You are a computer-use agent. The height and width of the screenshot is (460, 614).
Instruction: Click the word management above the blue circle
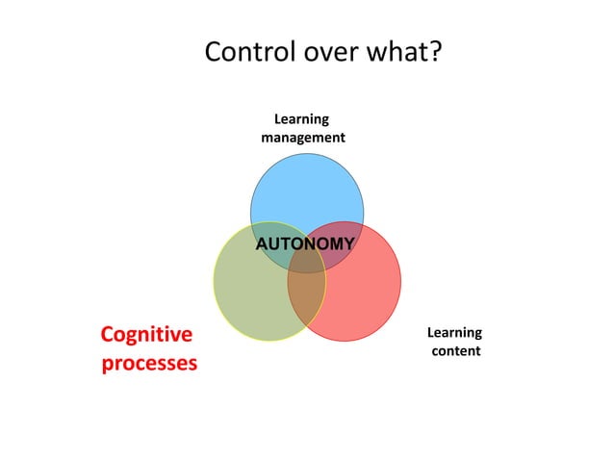click(302, 138)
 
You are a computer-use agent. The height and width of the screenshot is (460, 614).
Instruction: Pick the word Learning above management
click(301, 119)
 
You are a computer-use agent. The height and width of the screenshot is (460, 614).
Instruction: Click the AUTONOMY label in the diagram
click(304, 243)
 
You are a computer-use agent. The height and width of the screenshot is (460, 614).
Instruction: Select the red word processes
click(149, 364)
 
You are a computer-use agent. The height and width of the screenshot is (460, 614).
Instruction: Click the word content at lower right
click(455, 351)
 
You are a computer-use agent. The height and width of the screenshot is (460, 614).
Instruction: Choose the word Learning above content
click(454, 333)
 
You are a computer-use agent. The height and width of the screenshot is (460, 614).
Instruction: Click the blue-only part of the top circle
click(306, 188)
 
